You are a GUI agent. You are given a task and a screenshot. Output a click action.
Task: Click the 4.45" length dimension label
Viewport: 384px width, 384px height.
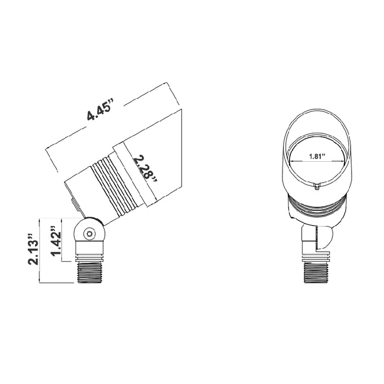[x=100, y=109]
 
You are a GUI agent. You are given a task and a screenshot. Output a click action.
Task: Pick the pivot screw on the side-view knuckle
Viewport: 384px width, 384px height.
[x=88, y=234]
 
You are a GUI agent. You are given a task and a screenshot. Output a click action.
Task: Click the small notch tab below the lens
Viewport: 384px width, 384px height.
[x=318, y=187]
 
